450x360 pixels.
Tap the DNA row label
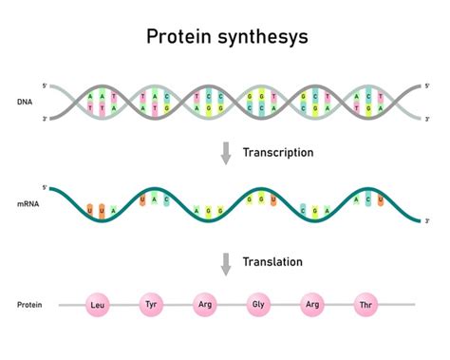coord(25,101)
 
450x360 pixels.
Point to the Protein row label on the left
coord(29,305)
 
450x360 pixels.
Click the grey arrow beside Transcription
coord(225,153)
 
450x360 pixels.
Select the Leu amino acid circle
coord(96,305)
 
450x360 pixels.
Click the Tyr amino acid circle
coord(150,305)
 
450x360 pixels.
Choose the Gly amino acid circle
coord(258,305)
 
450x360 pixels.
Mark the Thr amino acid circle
coord(366,305)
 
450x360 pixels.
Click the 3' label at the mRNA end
coord(427,220)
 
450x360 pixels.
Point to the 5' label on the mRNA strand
coord(45,188)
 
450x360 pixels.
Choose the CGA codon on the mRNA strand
coord(311,210)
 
